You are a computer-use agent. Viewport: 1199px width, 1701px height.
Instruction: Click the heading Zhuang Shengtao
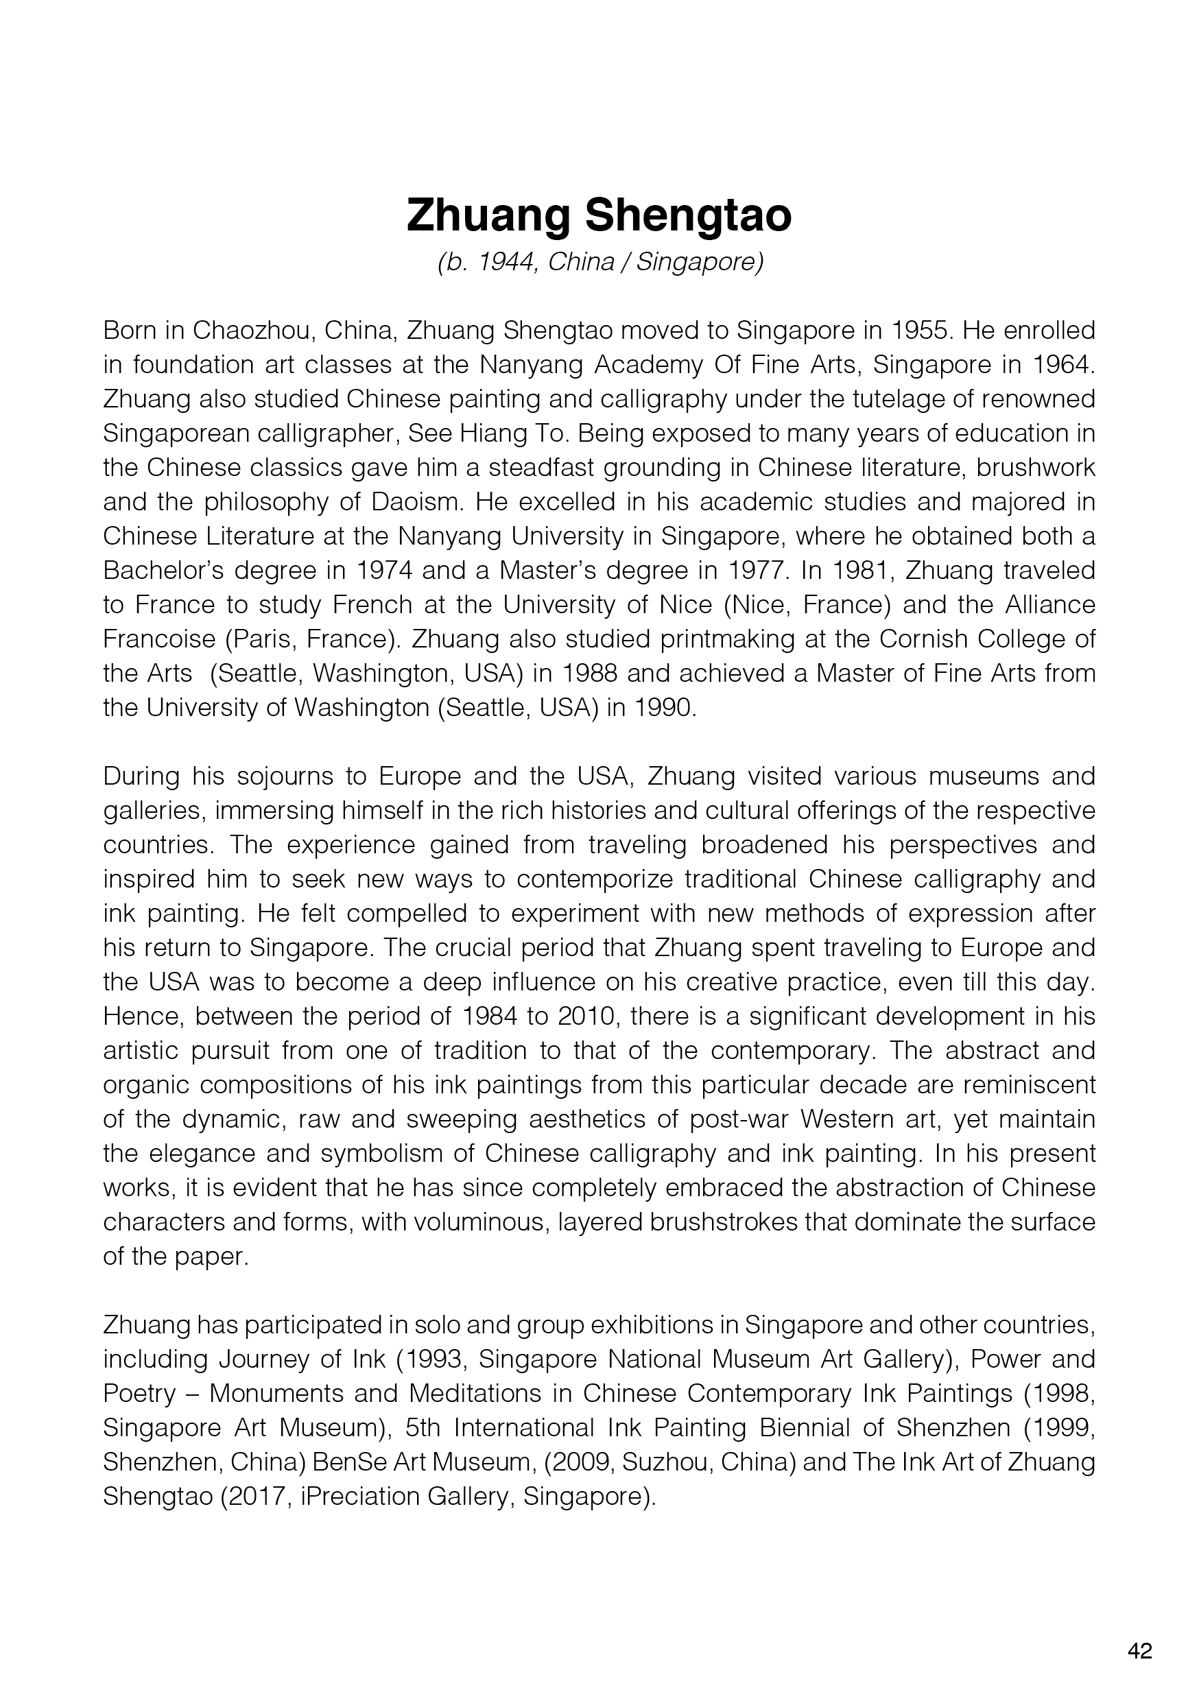[599, 215]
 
